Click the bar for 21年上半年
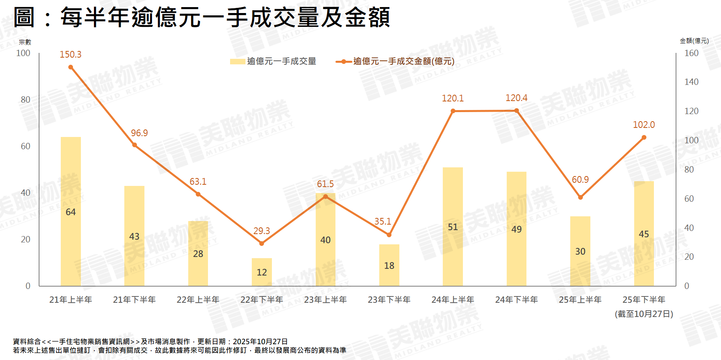(x=71, y=211)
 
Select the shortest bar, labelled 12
(x=262, y=272)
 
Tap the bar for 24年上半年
(x=453, y=227)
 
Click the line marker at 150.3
(x=71, y=67)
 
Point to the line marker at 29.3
(x=262, y=244)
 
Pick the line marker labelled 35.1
(x=389, y=235)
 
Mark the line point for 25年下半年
(x=644, y=137)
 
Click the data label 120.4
(x=516, y=98)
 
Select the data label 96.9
(x=139, y=133)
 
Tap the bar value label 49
(x=516, y=229)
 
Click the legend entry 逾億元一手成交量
(x=281, y=61)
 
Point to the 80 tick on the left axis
(x=26, y=99)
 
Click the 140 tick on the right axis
(x=691, y=82)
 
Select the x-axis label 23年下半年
(x=389, y=300)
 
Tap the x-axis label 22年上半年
(x=198, y=300)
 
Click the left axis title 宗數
(x=25, y=42)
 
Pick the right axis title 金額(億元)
(x=694, y=41)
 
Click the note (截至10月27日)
(x=644, y=314)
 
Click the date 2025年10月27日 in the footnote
(x=260, y=341)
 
